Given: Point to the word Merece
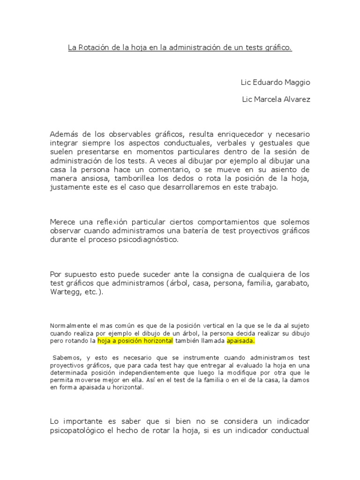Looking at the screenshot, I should click(62, 222).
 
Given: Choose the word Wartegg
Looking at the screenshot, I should click(66, 292).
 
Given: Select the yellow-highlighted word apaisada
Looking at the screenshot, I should click(240, 341).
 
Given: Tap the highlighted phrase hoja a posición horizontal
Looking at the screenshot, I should click(135, 341).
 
